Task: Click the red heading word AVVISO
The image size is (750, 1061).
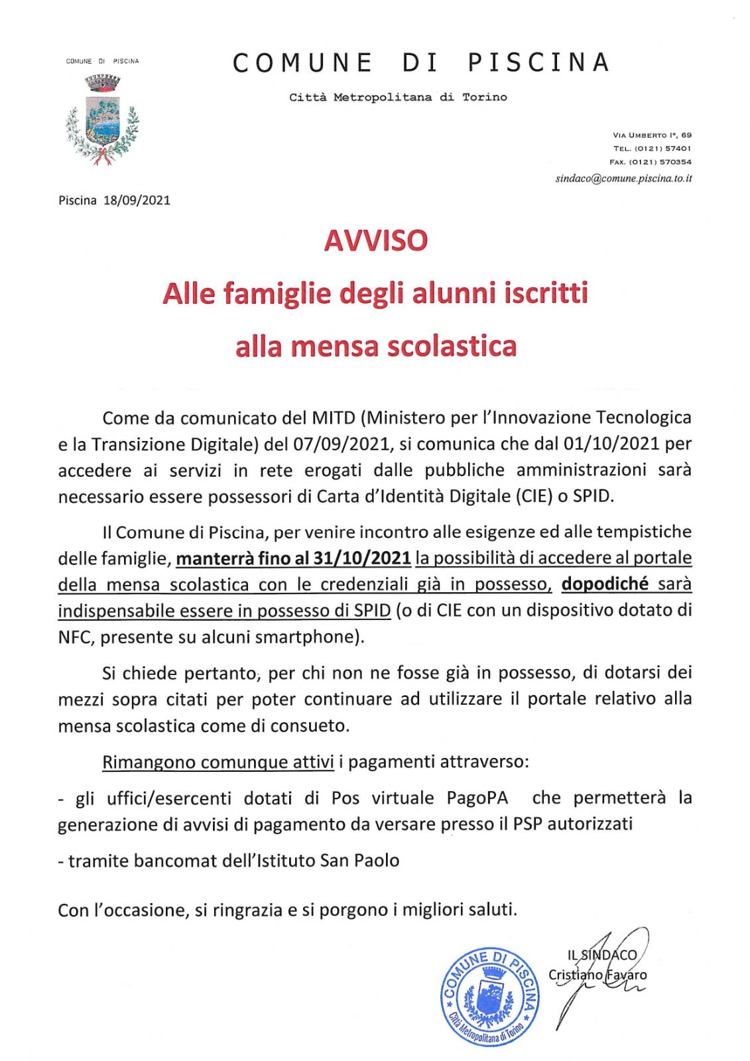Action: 375,241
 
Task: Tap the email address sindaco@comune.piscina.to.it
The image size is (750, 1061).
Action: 624,178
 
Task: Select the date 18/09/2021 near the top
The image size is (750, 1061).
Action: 137,200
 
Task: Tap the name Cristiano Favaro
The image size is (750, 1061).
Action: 597,975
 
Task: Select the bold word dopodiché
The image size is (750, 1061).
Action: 605,584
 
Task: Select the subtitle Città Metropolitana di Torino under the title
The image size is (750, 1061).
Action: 398,97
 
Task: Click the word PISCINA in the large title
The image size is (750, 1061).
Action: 538,62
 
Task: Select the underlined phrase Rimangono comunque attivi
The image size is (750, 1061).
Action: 218,763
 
